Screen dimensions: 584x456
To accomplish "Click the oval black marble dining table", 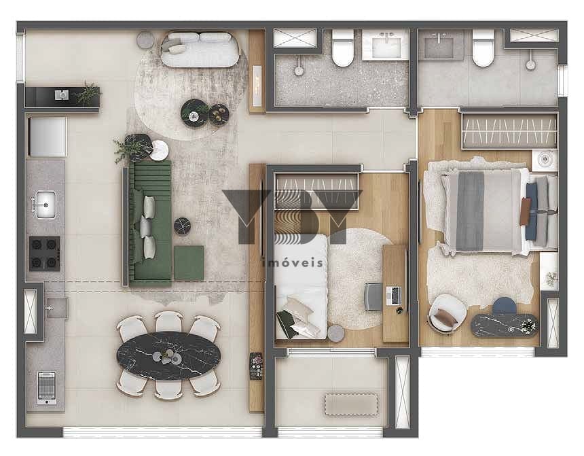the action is [168, 355].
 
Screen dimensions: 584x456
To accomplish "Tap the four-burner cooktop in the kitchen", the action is [45, 253].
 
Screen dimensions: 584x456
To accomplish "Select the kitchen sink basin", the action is [45, 205].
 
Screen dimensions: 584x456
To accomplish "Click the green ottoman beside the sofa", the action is [189, 262].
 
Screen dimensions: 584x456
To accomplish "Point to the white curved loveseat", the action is [200, 49].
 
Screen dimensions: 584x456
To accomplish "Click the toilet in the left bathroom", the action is [343, 48].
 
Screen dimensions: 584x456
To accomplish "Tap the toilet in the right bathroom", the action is [483, 48].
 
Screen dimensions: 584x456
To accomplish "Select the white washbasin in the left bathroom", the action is [386, 45].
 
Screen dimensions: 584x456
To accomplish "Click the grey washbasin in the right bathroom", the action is [441, 44].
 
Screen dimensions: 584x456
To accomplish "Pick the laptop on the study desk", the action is [395, 296].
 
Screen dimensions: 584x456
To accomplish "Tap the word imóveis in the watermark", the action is [293, 263].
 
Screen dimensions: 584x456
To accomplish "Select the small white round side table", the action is [159, 150].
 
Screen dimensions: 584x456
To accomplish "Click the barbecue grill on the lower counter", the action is [47, 387].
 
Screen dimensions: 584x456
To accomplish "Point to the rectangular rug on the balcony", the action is [351, 404].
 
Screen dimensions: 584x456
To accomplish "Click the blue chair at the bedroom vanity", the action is [505, 305].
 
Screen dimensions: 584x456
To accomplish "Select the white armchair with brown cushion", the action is [447, 313].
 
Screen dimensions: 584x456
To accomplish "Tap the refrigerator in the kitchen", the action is [48, 137].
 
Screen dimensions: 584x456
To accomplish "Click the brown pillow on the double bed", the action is [526, 211].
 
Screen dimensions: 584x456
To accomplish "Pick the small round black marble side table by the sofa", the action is [182, 226].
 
